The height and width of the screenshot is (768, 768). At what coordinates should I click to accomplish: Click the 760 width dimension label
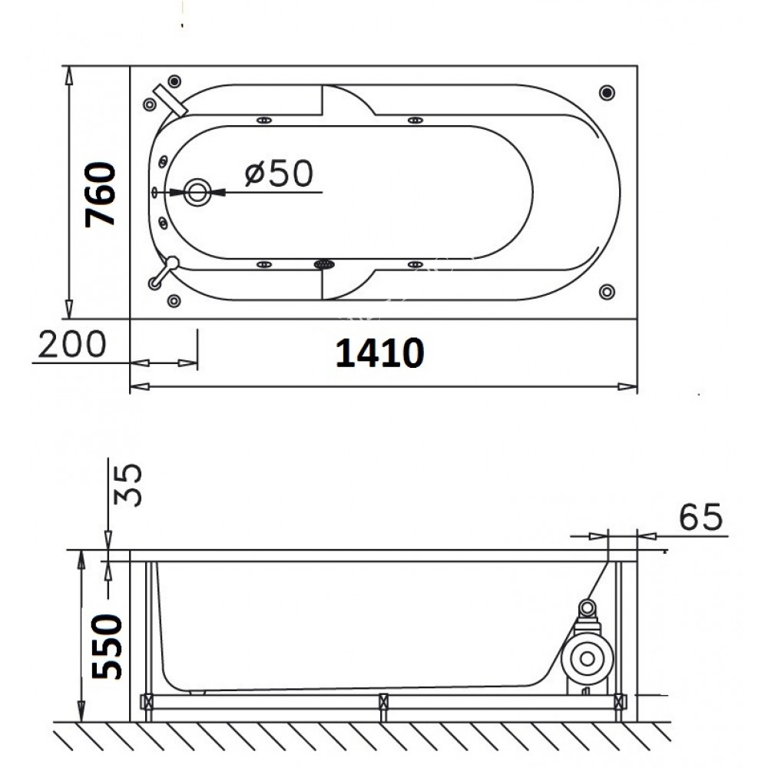[x=100, y=194]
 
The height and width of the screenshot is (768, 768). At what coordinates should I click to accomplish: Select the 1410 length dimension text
[x=379, y=353]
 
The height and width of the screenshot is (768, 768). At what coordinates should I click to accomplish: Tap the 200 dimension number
[x=72, y=344]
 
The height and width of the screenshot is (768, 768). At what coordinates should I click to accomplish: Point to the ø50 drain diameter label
[x=279, y=173]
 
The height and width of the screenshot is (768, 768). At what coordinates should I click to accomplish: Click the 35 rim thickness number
[x=127, y=485]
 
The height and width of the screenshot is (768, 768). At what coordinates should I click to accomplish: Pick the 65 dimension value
[x=700, y=516]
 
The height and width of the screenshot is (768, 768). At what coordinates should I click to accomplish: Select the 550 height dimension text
[x=107, y=647]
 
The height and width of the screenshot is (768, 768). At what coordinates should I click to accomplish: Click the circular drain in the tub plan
[x=197, y=193]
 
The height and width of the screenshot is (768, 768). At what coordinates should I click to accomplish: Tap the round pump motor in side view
[x=587, y=659]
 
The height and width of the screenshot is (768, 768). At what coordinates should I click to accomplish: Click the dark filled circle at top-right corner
[x=607, y=92]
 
